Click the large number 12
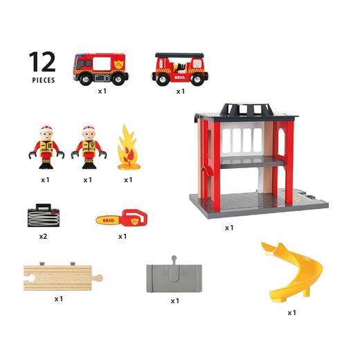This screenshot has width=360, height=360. pos(43,62)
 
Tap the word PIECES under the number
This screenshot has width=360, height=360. pos(43,80)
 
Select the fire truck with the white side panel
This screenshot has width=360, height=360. pos(100,67)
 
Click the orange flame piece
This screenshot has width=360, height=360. pos(127,147)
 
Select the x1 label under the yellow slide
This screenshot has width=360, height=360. pos(292,312)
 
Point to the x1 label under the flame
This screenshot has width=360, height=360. pos(127,180)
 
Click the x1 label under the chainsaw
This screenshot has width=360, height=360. pos(123,236)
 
